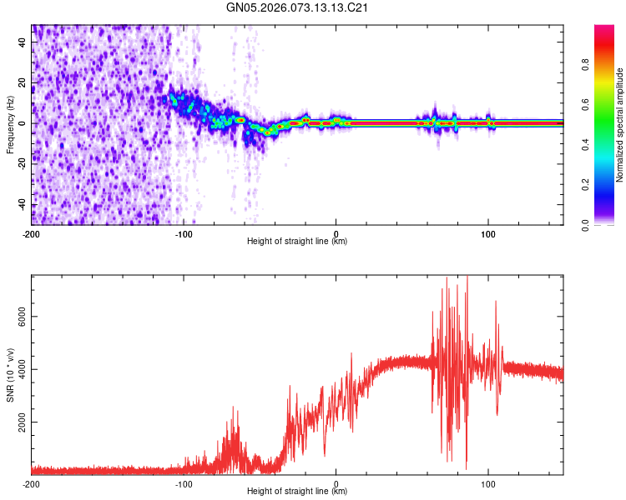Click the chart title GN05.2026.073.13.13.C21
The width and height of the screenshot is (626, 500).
(x=297, y=7)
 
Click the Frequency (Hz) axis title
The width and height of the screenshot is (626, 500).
(x=9, y=123)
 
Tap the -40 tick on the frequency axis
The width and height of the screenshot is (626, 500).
(x=22, y=205)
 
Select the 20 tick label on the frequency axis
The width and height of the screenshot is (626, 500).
(x=23, y=82)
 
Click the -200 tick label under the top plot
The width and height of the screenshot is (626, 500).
(x=32, y=233)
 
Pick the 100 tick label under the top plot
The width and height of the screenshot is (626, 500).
(x=488, y=233)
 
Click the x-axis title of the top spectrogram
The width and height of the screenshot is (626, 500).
(x=297, y=242)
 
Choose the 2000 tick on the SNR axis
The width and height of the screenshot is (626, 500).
(x=18, y=422)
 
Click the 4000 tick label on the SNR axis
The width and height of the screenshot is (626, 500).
(x=18, y=370)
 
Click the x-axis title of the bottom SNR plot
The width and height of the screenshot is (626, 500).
(x=297, y=492)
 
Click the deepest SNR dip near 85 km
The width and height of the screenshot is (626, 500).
(x=466, y=468)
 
